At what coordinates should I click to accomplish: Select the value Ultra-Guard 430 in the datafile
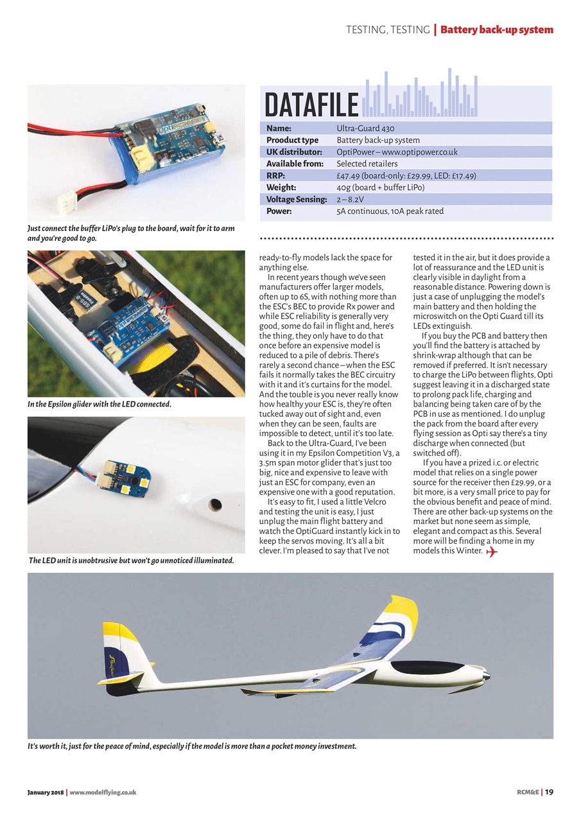365,128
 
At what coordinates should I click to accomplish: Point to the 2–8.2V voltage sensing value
351,199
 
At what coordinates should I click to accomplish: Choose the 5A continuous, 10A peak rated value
390,211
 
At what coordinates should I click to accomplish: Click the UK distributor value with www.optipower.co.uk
397,152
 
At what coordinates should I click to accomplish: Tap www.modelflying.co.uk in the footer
102,792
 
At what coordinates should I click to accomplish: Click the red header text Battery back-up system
496,30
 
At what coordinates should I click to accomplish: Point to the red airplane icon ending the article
492,552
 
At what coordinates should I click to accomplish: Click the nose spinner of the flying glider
487,675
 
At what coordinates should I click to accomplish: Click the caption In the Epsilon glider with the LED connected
99,405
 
